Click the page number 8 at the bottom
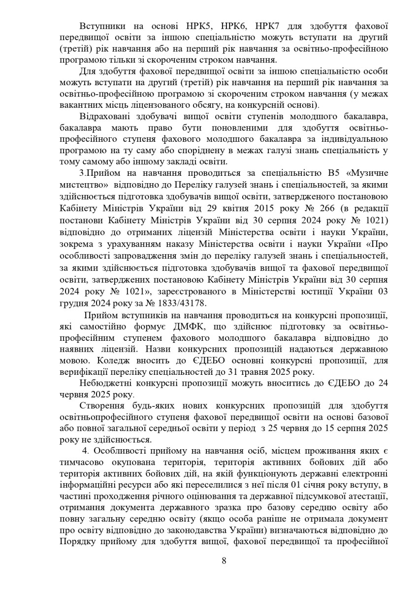point(224,560)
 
